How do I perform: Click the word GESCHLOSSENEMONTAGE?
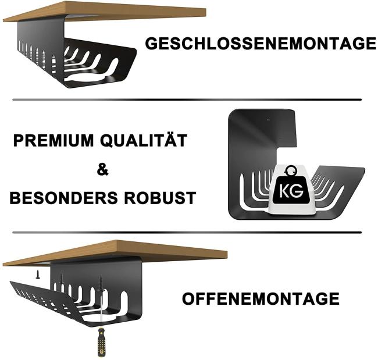[x=260, y=44]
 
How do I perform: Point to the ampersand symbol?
[x=102, y=170]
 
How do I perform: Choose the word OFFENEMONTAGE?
[x=261, y=299]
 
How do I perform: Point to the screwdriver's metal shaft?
[x=101, y=311]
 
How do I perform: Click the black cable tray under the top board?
[x=76, y=55]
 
